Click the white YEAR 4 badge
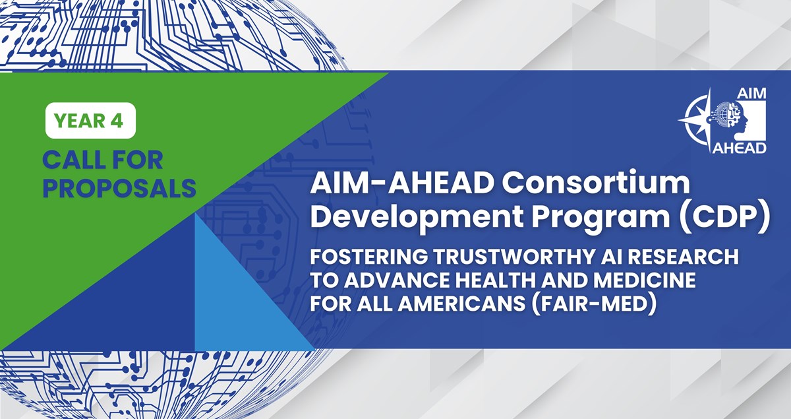pyautogui.click(x=90, y=120)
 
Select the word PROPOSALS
pyautogui.click(x=119, y=188)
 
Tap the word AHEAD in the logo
pyautogui.click(x=739, y=148)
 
